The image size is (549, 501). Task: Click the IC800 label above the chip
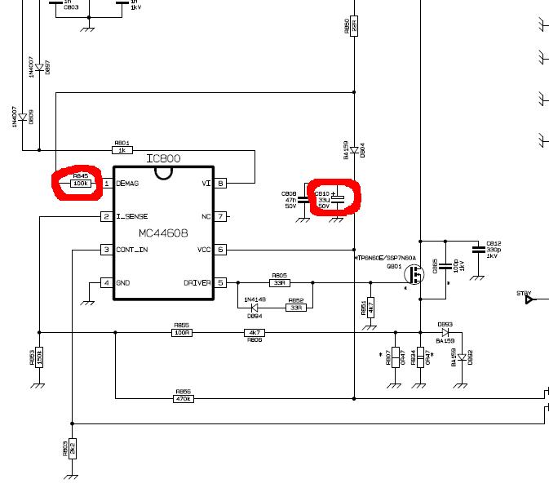(163, 158)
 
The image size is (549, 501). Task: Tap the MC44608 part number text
(163, 233)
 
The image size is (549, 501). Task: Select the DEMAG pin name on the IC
(127, 184)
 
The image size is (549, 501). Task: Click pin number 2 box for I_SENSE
(106, 217)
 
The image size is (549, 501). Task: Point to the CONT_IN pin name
(132, 250)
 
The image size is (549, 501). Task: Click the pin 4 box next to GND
(106, 283)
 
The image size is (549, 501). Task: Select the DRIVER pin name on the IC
(197, 283)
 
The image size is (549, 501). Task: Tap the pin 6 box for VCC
(220, 250)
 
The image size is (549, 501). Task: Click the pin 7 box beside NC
(220, 217)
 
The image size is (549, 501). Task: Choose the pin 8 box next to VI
(220, 184)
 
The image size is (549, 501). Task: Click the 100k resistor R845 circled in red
(81, 184)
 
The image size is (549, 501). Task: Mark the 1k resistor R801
(122, 150)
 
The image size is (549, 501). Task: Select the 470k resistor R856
(182, 398)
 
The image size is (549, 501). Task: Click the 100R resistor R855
(182, 332)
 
